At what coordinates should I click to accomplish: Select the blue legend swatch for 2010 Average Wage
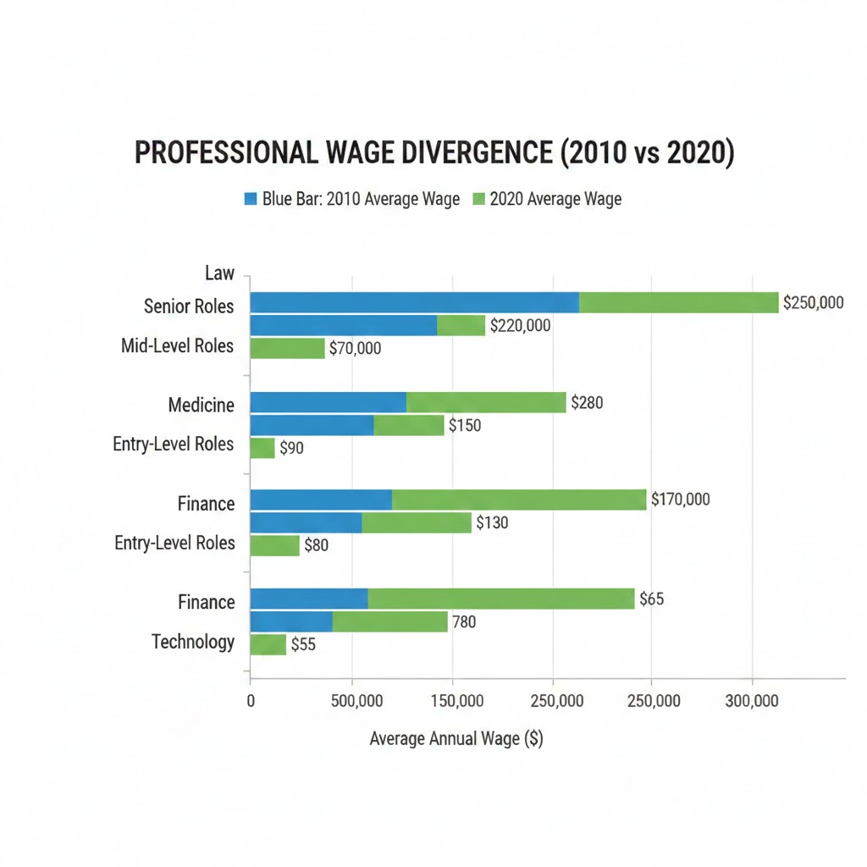click(x=250, y=200)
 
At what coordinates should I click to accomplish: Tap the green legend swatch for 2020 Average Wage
click(x=478, y=200)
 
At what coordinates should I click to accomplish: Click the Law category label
click(x=219, y=273)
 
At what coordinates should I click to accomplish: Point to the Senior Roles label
click(x=189, y=306)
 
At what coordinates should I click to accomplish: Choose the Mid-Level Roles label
click(x=177, y=345)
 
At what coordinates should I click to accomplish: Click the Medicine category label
click(x=202, y=405)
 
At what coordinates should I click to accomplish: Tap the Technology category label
click(x=193, y=642)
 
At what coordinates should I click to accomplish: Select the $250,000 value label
click(x=813, y=302)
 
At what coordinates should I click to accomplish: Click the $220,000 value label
click(x=520, y=325)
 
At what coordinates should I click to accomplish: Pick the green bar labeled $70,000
click(x=288, y=348)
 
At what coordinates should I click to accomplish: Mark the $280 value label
click(x=587, y=403)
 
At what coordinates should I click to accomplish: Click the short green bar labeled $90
click(x=263, y=448)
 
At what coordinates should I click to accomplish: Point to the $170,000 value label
click(x=680, y=500)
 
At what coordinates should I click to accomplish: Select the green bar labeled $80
click(x=275, y=545)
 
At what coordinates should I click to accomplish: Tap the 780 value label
click(x=464, y=622)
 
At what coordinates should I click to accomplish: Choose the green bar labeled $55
click(x=268, y=644)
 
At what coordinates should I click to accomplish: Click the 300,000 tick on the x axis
click(x=752, y=701)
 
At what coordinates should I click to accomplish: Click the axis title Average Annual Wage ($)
click(x=456, y=738)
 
